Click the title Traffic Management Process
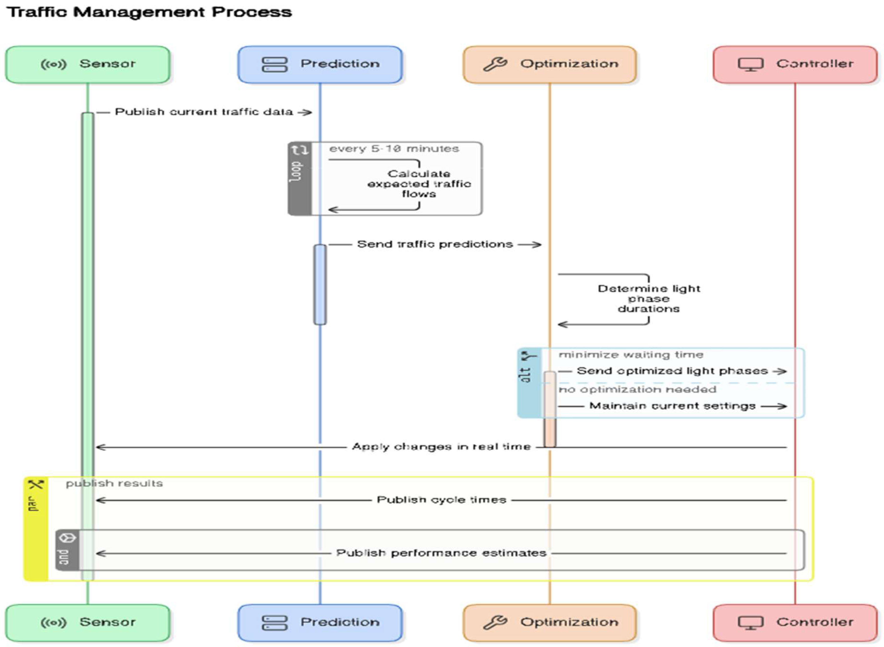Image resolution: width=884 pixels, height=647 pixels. click(x=149, y=12)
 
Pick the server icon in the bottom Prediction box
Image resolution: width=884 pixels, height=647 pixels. click(x=274, y=623)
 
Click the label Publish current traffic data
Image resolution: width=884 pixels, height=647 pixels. click(x=204, y=112)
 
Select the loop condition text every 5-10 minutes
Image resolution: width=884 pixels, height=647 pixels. click(x=394, y=149)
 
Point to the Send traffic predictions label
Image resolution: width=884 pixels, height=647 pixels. click(x=435, y=244)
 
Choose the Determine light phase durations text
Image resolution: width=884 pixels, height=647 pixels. click(x=649, y=299)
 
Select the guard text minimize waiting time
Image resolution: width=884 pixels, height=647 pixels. click(x=631, y=355)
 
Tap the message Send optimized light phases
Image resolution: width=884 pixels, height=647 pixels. click(x=672, y=371)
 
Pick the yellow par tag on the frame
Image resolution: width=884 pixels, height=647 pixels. click(x=36, y=529)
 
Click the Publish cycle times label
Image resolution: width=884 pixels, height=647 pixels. click(x=441, y=500)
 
